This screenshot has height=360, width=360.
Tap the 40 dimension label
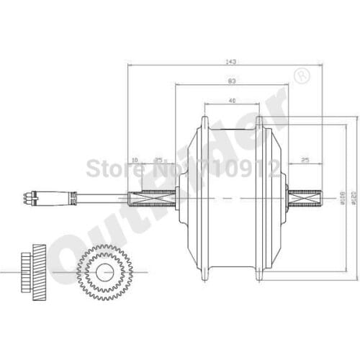coord(230,100)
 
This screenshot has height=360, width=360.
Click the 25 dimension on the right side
coord(305,158)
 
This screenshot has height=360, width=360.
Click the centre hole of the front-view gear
coord(104,272)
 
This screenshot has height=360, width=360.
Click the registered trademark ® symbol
coord(302,73)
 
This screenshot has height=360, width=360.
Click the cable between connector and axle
coord(101,196)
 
